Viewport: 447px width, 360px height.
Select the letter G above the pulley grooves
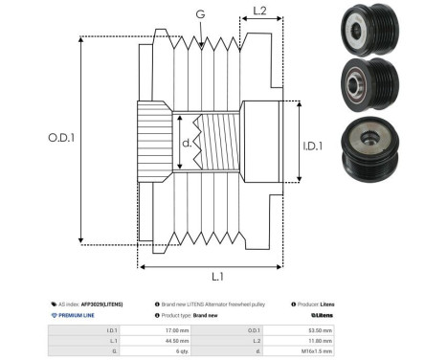(199, 14)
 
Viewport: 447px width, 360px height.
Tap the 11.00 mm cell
(322, 340)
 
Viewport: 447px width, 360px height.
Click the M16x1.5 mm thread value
(320, 351)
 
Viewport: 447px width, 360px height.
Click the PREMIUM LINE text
(77, 314)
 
